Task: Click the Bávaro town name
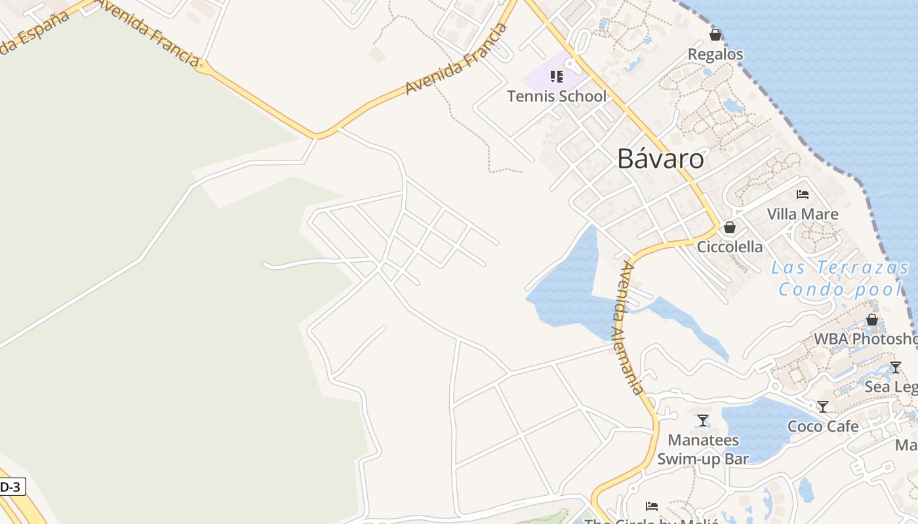pos(661,159)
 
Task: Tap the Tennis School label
pos(557,96)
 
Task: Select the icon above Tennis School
pos(557,77)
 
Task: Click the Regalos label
pos(715,54)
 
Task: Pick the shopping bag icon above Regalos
pos(715,35)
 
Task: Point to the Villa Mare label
pos(803,214)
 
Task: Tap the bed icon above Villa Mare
pos(803,195)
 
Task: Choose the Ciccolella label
pos(730,247)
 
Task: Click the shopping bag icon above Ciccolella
pos(730,227)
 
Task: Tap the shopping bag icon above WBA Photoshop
pos(872,320)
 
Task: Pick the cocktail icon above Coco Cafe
pos(823,407)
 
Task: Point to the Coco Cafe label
pos(823,426)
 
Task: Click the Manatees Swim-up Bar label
pos(703,449)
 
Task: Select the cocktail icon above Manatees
pos(703,421)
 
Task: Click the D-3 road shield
pos(10,487)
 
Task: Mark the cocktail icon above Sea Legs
pos(896,367)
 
